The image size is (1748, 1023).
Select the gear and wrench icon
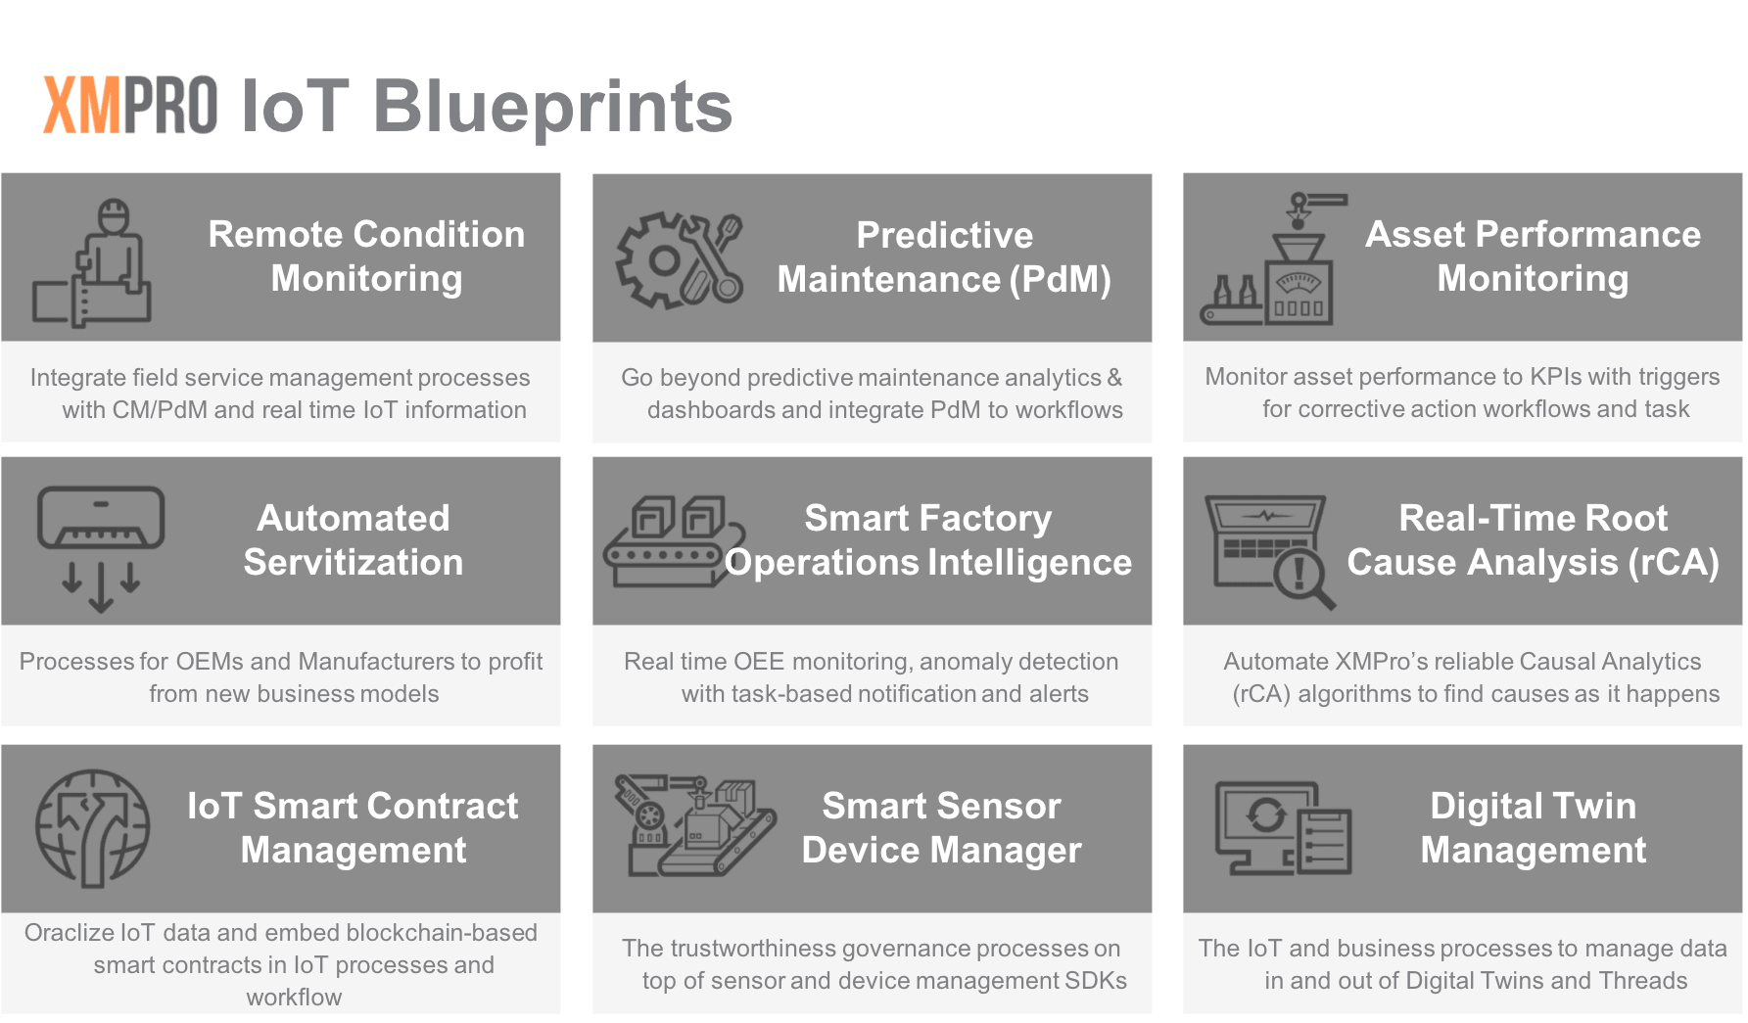[x=679, y=260]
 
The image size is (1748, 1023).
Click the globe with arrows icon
[x=93, y=828]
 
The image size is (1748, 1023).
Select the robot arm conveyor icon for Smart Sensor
[x=694, y=825]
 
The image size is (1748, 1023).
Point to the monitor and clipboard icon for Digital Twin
[x=1283, y=828]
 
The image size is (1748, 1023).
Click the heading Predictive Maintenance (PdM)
[x=944, y=257]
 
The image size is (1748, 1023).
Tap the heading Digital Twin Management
[x=1534, y=827]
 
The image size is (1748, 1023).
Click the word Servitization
[x=353, y=562]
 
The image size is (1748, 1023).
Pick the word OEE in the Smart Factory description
[x=759, y=661]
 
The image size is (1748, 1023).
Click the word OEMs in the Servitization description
[x=210, y=661]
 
